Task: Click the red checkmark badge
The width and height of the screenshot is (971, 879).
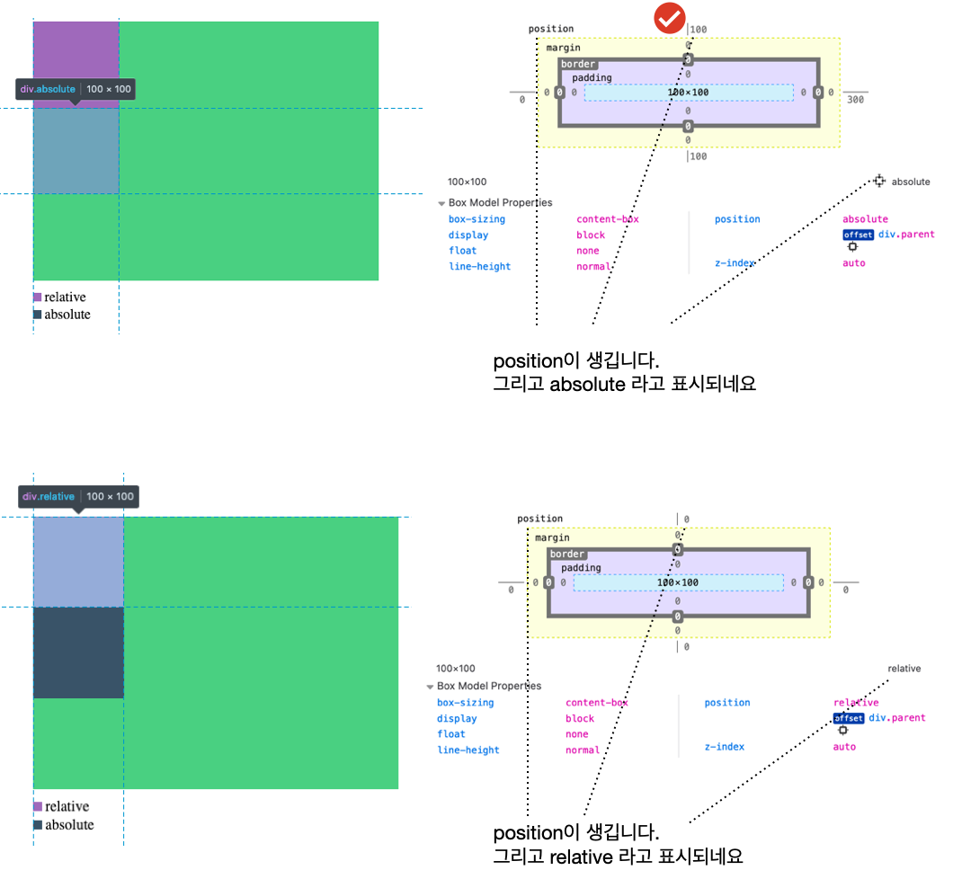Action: tap(669, 18)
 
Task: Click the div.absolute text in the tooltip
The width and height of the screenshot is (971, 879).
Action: tap(48, 90)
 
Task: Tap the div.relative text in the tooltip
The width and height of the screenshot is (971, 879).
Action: tap(49, 497)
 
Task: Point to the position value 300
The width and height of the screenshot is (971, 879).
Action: tap(855, 100)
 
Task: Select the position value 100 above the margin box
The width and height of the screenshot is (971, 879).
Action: tap(698, 30)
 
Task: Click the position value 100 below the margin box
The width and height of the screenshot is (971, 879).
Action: tap(698, 156)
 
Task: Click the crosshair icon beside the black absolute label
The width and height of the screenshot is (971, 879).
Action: tap(878, 182)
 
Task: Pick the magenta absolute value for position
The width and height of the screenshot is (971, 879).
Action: tap(865, 219)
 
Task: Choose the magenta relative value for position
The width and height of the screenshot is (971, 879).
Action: tap(856, 703)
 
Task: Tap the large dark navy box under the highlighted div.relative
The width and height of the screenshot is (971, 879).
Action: tap(78, 653)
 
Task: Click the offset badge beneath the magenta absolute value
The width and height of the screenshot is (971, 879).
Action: tap(858, 235)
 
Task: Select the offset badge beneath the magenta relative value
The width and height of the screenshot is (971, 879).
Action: tap(848, 718)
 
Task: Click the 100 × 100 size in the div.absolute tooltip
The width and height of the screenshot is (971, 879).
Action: tap(109, 90)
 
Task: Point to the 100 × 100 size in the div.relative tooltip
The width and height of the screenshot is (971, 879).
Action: tap(110, 497)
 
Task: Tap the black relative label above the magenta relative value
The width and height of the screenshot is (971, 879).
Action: tap(904, 669)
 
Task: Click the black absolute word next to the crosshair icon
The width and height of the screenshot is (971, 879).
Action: tap(911, 182)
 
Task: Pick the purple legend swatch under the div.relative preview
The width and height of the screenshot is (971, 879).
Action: tap(38, 807)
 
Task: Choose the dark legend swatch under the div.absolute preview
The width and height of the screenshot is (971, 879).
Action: tap(38, 315)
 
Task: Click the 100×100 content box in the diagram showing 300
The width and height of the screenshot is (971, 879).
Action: tap(688, 93)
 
